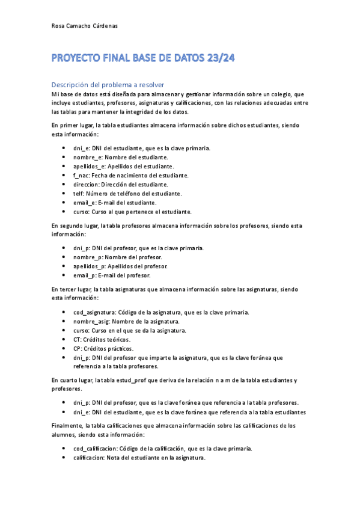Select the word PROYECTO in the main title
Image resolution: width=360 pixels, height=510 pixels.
pyautogui.click(x=77, y=58)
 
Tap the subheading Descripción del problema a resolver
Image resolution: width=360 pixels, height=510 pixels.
pyautogui.click(x=108, y=84)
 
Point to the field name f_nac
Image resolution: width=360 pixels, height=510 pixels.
pyautogui.click(x=81, y=175)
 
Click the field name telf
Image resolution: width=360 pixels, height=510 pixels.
pyautogui.click(x=79, y=193)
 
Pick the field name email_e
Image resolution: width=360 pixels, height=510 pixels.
pyautogui.click(x=85, y=202)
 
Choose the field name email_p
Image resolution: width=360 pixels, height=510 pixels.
pyautogui.click(x=85, y=275)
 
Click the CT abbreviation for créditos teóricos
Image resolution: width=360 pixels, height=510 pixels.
pyautogui.click(x=76, y=339)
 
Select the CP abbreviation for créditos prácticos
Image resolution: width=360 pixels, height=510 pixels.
pyautogui.click(x=76, y=348)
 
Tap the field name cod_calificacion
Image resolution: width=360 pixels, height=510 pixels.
pyautogui.click(x=95, y=449)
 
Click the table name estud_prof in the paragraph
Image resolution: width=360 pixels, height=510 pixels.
pyautogui.click(x=138, y=380)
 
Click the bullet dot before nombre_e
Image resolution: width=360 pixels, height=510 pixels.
pyautogui.click(x=64, y=157)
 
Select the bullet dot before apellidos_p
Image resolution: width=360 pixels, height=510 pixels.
pyautogui.click(x=64, y=266)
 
